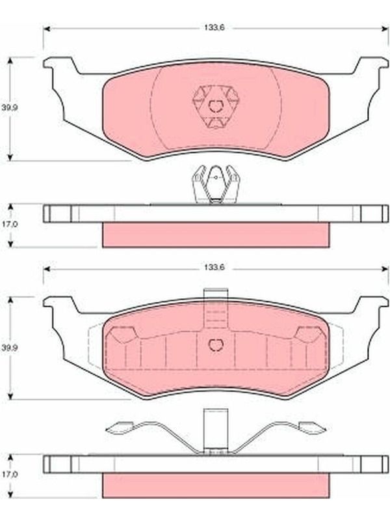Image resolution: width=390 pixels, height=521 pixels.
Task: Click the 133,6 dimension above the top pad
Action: coord(214,28)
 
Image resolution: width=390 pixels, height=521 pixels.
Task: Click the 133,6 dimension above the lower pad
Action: coord(214,268)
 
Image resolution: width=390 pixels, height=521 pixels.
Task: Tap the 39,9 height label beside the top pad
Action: coord(9,107)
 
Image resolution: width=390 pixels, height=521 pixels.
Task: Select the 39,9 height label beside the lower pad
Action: coord(9,348)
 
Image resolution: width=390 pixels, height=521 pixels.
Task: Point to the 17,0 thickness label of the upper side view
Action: coord(10,224)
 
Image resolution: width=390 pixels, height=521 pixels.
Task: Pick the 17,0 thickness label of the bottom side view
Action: coord(10,475)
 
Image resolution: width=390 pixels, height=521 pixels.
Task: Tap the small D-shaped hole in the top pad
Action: coord(216,106)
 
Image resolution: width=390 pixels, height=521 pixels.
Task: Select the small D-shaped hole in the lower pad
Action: coord(216,345)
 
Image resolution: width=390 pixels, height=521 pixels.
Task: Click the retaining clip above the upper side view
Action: coord(216,184)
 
